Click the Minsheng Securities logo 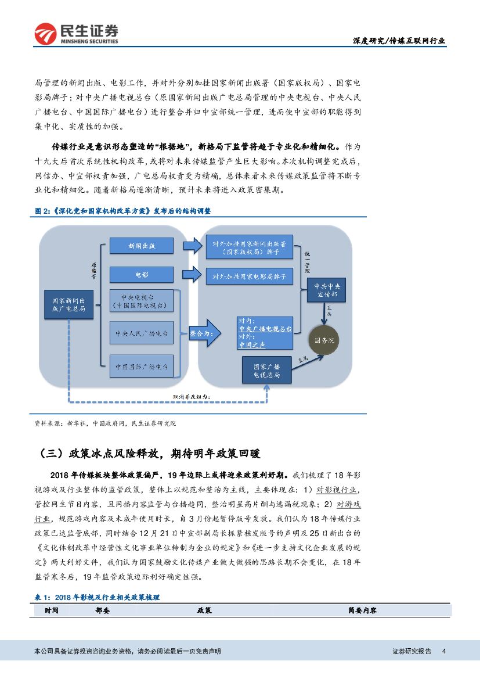click(x=76, y=34)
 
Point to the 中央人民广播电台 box click(x=142, y=334)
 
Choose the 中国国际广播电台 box click(x=142, y=367)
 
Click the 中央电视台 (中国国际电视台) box click(x=142, y=300)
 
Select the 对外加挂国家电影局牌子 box click(x=249, y=276)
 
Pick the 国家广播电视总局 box click(x=266, y=371)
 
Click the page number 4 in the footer click(x=443, y=651)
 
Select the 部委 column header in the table click(x=102, y=610)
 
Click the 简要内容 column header click(x=362, y=610)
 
